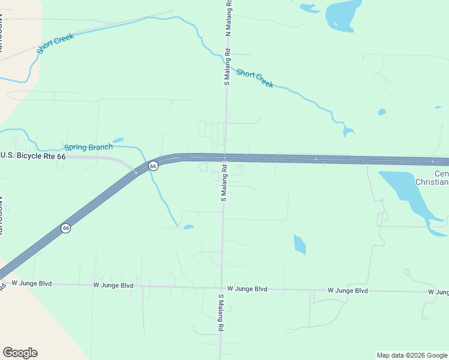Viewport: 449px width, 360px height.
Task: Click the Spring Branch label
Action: tap(88, 147)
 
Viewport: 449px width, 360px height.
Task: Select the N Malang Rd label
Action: tap(228, 18)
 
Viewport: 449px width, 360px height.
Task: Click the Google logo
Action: tap(20, 353)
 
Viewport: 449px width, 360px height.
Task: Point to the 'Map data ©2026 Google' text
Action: tap(412, 355)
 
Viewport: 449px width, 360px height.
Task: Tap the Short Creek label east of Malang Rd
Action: tap(255, 79)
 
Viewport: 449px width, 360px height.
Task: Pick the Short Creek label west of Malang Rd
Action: tap(55, 44)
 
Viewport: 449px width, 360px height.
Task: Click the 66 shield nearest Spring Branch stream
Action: tap(153, 166)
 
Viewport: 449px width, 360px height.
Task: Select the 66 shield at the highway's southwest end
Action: tap(65, 228)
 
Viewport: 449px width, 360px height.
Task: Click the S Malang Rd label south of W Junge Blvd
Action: tap(221, 313)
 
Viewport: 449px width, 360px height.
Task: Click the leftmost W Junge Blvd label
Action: tap(32, 283)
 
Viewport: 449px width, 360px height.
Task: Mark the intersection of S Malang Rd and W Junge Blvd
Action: tap(222, 288)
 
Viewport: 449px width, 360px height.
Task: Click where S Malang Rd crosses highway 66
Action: tap(224, 158)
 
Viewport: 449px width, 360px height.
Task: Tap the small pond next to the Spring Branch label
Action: tap(118, 140)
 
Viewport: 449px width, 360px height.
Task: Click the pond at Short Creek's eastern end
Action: tap(348, 131)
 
